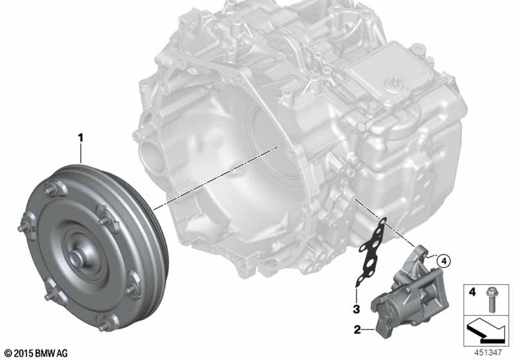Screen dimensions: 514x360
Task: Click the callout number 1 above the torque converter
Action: pyautogui.click(x=80, y=138)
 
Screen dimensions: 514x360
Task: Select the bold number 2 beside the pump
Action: pyautogui.click(x=357, y=329)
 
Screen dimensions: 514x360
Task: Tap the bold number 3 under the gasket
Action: pyautogui.click(x=357, y=309)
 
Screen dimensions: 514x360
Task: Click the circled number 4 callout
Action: pyautogui.click(x=443, y=261)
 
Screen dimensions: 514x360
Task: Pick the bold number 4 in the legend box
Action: pyautogui.click(x=472, y=291)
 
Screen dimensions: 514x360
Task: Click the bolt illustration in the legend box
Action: pyautogui.click(x=491, y=300)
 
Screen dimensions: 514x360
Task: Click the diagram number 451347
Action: pyautogui.click(x=488, y=352)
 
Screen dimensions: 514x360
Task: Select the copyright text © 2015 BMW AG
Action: pyautogui.click(x=37, y=354)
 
